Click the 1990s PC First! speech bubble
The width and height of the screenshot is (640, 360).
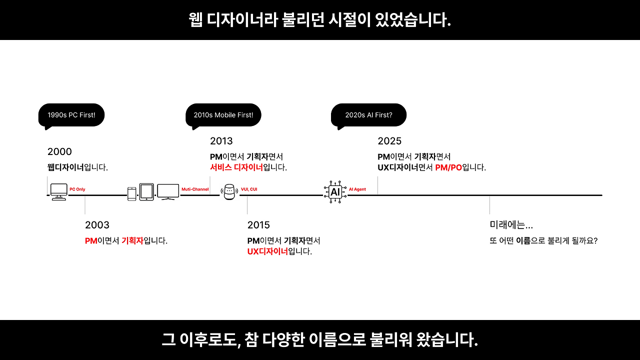point(71,115)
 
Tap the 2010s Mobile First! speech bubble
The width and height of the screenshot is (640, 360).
point(223,115)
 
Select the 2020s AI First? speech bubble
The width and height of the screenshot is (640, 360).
point(368,115)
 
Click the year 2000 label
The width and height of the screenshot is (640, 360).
point(59,151)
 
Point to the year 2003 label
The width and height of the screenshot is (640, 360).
point(97,225)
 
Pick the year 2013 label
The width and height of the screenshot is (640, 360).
point(221,141)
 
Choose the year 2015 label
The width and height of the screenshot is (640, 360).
point(258,225)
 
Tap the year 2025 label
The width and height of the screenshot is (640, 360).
point(389,141)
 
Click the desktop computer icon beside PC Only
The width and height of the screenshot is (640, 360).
point(59,191)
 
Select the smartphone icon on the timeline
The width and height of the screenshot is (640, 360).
point(132,193)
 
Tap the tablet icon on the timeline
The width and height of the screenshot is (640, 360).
point(146,191)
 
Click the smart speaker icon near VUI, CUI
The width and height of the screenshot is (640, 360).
point(229,192)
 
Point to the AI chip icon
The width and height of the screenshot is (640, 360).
point(335,191)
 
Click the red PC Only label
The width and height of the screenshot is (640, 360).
point(77,189)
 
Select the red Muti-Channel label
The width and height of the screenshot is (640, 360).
point(195,189)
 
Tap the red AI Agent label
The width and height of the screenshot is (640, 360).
point(357,189)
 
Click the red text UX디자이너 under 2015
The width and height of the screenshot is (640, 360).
point(267,251)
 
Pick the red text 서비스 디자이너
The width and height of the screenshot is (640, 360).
point(236,167)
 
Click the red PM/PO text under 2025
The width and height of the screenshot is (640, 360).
point(448,167)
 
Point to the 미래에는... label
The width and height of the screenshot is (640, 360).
point(511,225)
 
